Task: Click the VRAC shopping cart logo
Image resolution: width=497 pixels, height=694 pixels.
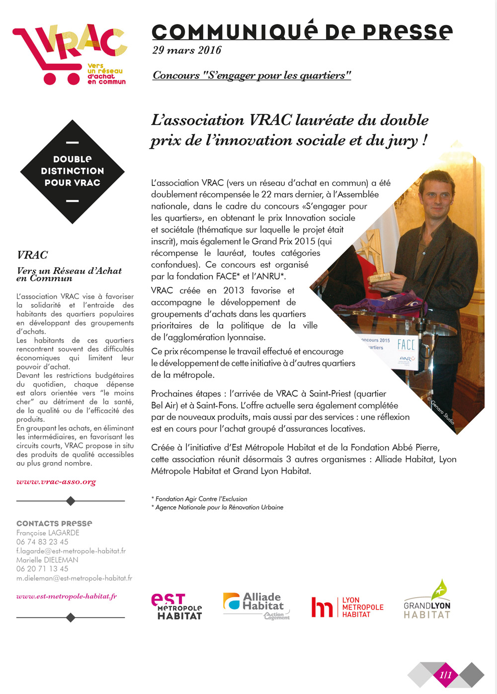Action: (70, 53)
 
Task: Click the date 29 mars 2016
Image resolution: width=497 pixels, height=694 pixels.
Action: (187, 50)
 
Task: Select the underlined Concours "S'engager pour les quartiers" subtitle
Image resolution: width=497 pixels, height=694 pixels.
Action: (251, 75)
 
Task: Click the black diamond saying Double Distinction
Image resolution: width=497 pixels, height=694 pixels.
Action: (73, 171)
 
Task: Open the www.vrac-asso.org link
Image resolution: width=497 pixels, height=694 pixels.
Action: (56, 482)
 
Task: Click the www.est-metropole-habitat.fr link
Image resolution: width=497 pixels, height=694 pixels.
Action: (67, 596)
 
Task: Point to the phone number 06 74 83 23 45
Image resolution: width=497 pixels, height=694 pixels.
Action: (42, 542)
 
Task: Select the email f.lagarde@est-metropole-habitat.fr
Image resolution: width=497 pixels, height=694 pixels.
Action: (71, 551)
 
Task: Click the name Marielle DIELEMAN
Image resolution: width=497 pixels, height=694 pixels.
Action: (47, 560)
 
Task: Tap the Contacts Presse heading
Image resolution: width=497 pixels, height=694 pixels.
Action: (54, 523)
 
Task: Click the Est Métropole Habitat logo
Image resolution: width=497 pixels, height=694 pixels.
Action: (176, 607)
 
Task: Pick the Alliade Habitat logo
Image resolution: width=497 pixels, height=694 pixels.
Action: (256, 606)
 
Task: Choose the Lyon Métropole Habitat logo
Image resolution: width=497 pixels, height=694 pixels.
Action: (347, 607)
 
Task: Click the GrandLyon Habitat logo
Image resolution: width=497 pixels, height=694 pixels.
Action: (427, 601)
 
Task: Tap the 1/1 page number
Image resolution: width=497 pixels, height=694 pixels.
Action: (446, 675)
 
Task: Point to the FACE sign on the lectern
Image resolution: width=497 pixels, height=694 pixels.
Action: (406, 344)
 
